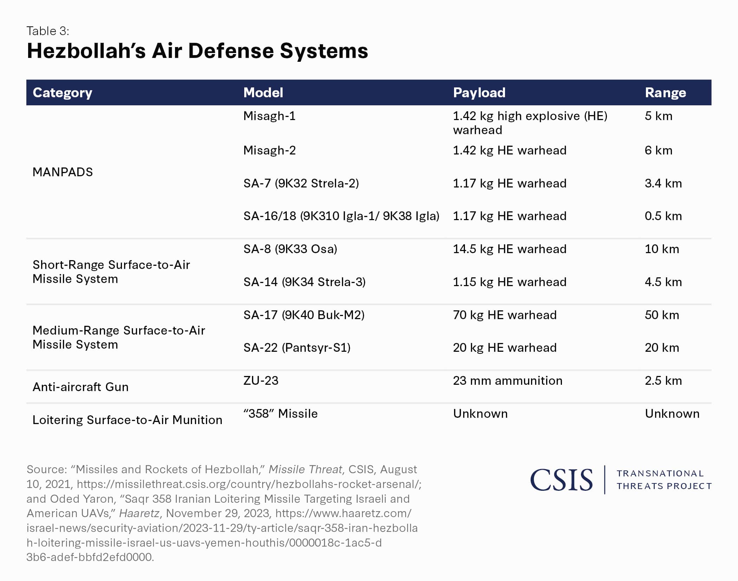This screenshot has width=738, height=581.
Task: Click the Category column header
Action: coord(62,93)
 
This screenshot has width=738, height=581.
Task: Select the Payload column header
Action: coord(479,93)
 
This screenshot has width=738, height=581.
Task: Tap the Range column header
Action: coord(665,93)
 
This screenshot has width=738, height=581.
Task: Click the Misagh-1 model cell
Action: coord(269,116)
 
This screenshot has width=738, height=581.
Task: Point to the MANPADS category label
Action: coord(63,172)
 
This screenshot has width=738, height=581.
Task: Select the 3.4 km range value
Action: coord(663,183)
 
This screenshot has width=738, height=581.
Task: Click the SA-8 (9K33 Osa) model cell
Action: coord(290,249)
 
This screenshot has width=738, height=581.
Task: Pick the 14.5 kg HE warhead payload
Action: coord(509,249)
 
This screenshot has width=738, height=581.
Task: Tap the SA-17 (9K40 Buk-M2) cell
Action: coord(304,315)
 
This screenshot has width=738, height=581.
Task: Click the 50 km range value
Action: coord(662,315)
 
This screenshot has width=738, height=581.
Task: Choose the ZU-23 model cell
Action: coord(260,381)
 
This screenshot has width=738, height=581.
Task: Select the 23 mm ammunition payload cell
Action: coord(507,381)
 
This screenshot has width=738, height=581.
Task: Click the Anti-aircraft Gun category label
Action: coord(80,387)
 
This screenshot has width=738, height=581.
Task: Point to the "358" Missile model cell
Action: coord(280,414)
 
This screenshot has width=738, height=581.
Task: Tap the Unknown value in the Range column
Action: coord(672,414)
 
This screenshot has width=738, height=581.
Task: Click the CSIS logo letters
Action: coord(561,480)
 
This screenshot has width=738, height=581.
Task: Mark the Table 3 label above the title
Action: coord(48,31)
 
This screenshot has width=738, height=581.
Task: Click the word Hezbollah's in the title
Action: coord(86,51)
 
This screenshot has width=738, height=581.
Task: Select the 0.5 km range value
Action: coord(663,216)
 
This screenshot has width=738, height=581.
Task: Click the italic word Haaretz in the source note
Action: coord(139,513)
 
